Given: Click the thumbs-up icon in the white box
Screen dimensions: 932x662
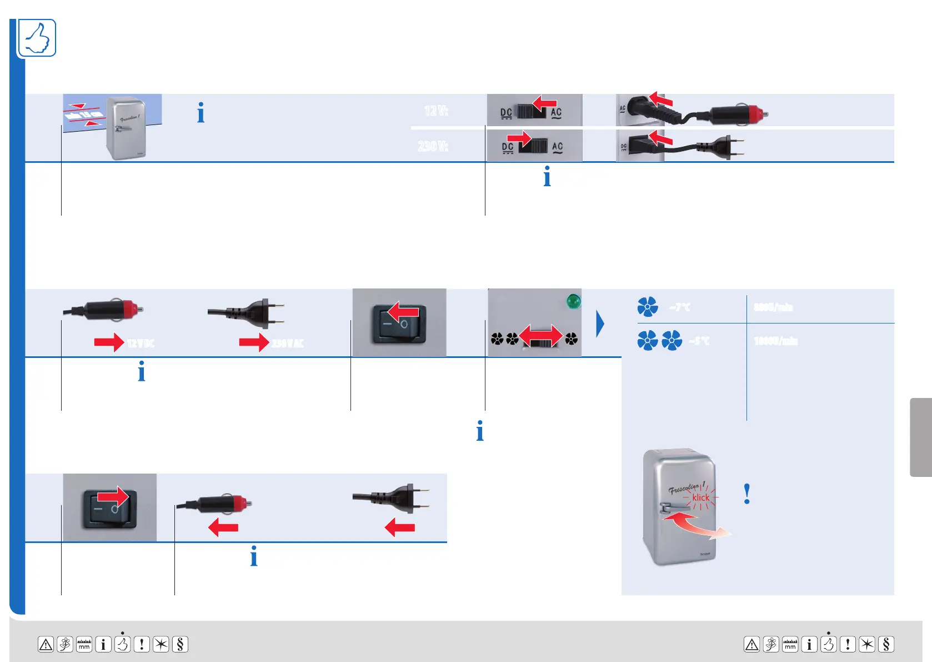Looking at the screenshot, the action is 37,38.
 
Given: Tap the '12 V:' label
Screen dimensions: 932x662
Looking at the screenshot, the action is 436,111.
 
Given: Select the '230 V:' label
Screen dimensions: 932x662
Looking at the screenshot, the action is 433,146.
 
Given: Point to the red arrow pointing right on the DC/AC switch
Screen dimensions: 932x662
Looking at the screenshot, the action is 519,137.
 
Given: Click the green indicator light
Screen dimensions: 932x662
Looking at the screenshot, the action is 573,301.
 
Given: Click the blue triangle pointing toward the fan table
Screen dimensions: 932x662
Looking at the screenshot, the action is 600,324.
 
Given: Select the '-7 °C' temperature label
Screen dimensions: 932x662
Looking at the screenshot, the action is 680,307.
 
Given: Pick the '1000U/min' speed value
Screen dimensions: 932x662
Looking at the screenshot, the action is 775,341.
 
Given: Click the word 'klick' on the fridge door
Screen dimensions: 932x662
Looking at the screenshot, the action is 701,497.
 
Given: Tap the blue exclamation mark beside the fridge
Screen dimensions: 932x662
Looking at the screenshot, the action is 747,494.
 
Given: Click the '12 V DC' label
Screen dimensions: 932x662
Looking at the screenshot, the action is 141,343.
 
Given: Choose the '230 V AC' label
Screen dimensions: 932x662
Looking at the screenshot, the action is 287,343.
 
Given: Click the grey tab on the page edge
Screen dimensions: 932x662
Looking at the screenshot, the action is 920,437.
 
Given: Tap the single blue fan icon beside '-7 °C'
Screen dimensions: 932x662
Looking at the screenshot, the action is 648,307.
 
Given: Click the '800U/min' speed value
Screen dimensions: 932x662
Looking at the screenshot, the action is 773,307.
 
